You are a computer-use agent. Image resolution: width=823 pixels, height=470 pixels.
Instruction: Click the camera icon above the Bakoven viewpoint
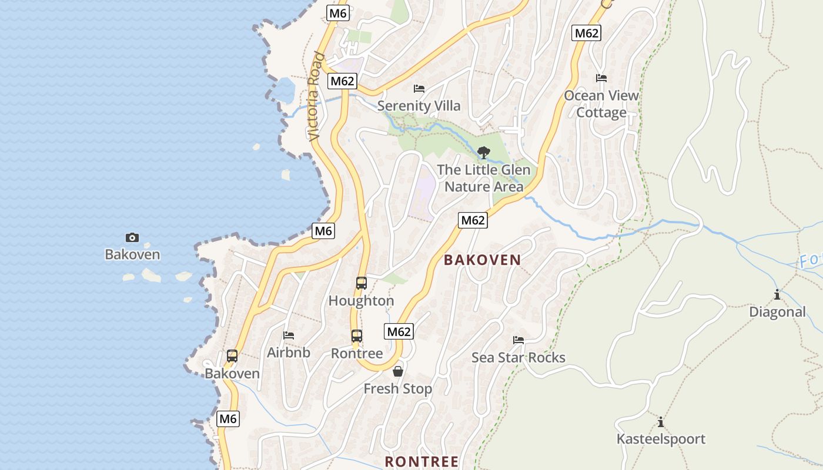pyautogui.click(x=132, y=237)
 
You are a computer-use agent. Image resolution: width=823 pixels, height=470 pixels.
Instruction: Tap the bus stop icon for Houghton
pyautogui.click(x=361, y=283)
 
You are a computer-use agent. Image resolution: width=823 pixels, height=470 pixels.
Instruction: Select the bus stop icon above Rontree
pyautogui.click(x=357, y=336)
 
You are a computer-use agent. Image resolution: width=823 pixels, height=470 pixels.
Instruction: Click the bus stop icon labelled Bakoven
pyautogui.click(x=232, y=356)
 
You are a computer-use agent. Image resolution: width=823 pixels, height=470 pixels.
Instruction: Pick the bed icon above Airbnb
pyautogui.click(x=289, y=335)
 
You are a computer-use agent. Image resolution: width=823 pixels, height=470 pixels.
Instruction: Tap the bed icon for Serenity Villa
pyautogui.click(x=419, y=89)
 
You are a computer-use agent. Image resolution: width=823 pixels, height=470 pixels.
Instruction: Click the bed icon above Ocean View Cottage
pyautogui.click(x=601, y=78)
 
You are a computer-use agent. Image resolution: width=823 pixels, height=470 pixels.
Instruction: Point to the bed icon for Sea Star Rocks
pyautogui.click(x=518, y=340)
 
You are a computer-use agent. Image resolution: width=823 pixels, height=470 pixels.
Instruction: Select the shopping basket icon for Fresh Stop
pyautogui.click(x=398, y=371)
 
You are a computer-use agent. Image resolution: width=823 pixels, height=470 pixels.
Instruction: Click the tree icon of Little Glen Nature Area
pyautogui.click(x=483, y=153)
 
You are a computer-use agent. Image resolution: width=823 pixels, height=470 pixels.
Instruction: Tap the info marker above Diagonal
pyautogui.click(x=777, y=294)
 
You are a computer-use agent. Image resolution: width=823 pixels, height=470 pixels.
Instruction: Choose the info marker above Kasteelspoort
pyautogui.click(x=661, y=422)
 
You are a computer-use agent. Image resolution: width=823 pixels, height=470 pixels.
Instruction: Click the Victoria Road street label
pyautogui.click(x=316, y=97)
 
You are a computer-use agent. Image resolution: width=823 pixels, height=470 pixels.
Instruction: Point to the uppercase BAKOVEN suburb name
pyautogui.click(x=482, y=260)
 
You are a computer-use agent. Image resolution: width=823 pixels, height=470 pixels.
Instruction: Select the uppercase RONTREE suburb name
pyautogui.click(x=421, y=461)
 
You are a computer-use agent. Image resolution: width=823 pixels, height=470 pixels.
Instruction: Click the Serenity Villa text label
pyautogui.click(x=419, y=106)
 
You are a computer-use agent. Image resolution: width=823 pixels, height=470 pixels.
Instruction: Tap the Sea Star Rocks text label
pyautogui.click(x=518, y=357)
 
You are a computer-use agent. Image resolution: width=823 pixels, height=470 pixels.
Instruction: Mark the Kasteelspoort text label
pyautogui.click(x=661, y=439)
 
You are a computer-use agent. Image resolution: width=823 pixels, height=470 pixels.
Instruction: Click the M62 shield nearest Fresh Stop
pyautogui.click(x=399, y=331)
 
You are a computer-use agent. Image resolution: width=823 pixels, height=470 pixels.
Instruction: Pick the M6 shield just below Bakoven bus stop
pyautogui.click(x=228, y=419)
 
